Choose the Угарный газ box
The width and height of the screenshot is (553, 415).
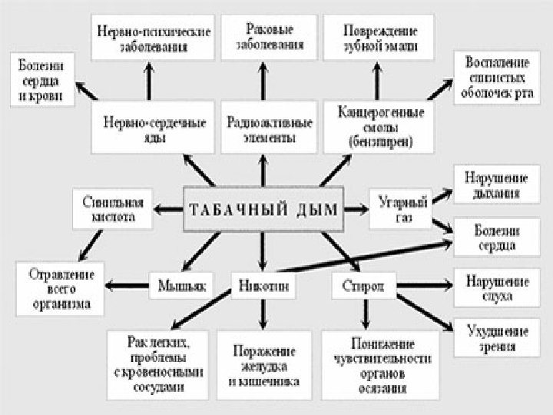[x=398, y=209]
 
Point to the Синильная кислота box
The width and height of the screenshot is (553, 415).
[x=114, y=209]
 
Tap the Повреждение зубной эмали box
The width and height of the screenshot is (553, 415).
[x=381, y=38]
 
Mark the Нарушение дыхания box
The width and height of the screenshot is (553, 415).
[x=492, y=184]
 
